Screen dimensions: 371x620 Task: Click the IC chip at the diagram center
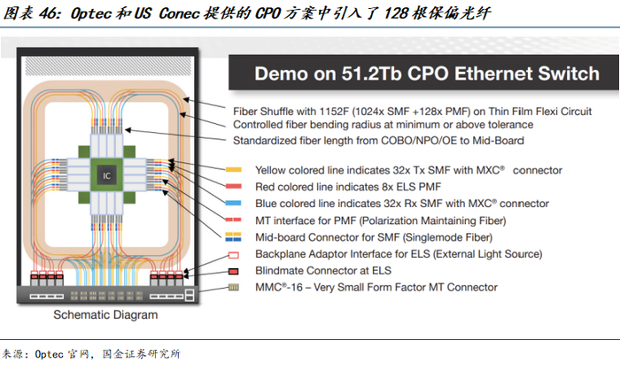[x=106, y=176]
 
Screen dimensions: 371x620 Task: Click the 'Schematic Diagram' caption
[x=106, y=315]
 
